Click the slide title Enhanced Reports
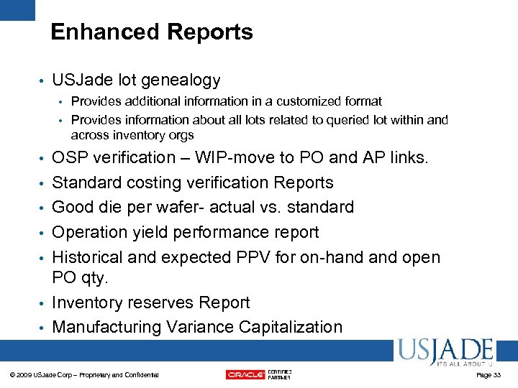pyautogui.click(x=152, y=32)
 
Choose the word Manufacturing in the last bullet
pyautogui.click(x=107, y=327)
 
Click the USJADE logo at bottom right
pyautogui.click(x=444, y=353)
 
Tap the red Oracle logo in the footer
pyautogui.click(x=245, y=374)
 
